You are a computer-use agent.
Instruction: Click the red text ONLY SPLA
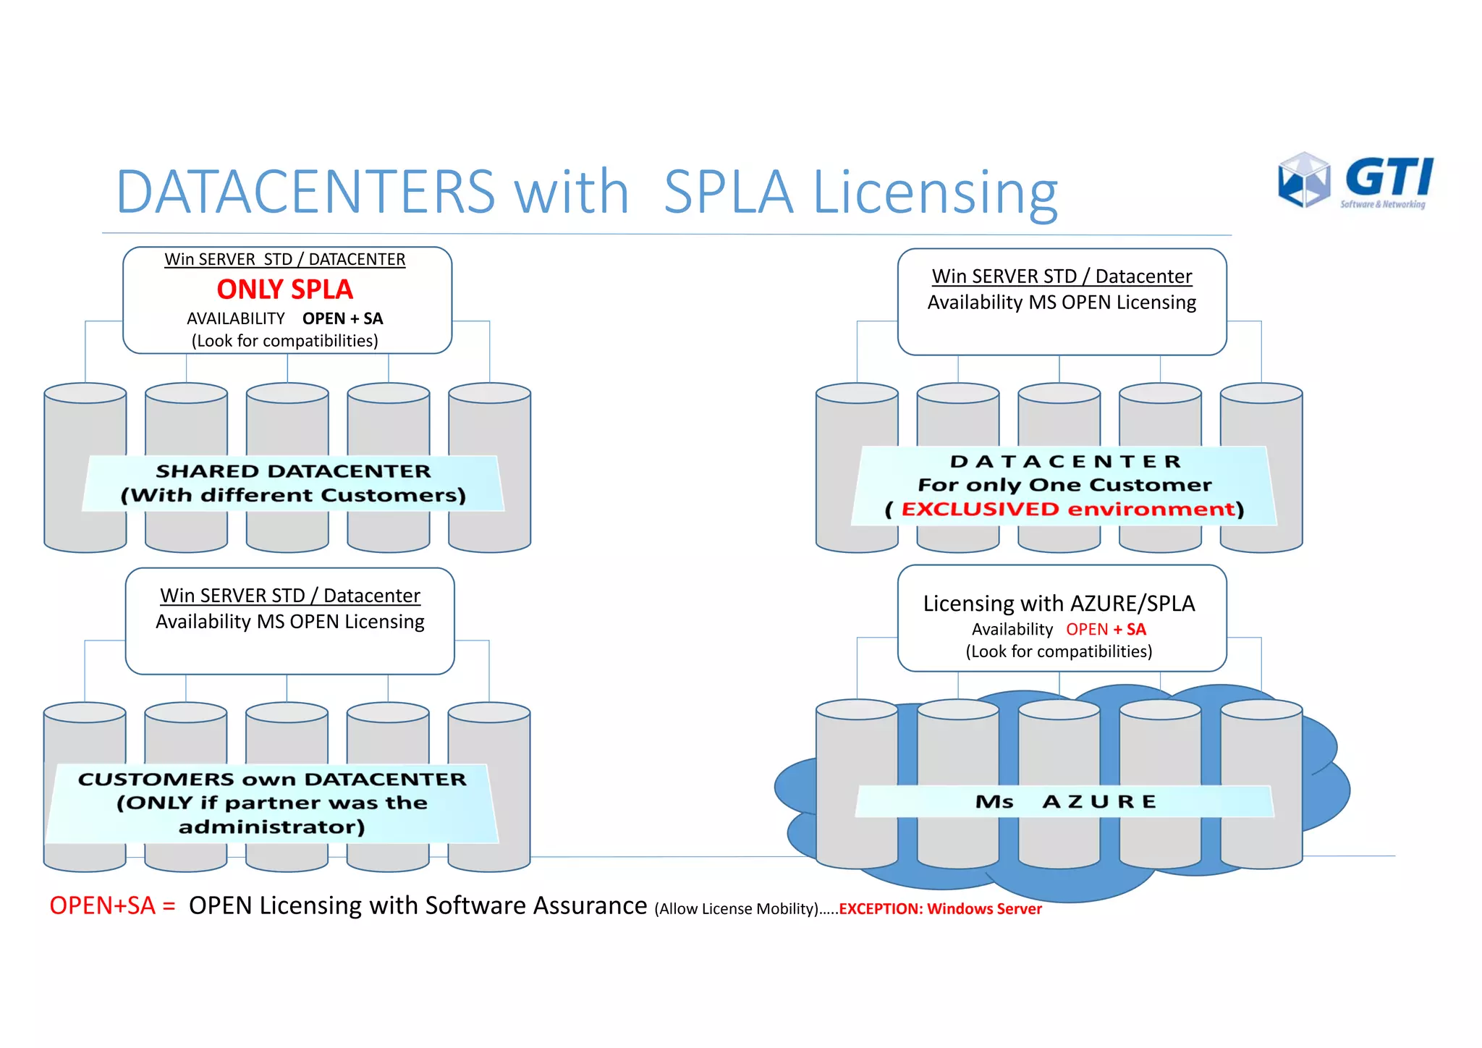point(284,290)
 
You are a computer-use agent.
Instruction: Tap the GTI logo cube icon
point(1304,179)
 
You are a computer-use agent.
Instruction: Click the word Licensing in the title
point(935,193)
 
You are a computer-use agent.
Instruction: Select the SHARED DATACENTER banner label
point(293,483)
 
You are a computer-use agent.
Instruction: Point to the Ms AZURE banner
point(1064,802)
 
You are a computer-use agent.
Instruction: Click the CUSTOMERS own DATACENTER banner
point(272,803)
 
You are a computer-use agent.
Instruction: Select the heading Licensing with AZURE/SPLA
point(1059,604)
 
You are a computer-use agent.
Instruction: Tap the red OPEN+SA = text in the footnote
point(112,906)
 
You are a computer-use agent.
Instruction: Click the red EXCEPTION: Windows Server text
point(940,909)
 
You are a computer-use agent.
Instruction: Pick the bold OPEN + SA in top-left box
point(342,319)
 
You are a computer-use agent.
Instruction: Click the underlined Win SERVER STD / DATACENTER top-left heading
point(284,259)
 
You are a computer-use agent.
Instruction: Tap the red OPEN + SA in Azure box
point(1106,630)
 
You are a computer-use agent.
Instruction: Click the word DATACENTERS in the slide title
point(305,193)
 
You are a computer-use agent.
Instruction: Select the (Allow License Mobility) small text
point(737,909)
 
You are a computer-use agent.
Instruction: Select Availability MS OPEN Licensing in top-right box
point(1062,303)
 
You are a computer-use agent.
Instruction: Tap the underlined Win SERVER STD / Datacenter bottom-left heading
point(289,596)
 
